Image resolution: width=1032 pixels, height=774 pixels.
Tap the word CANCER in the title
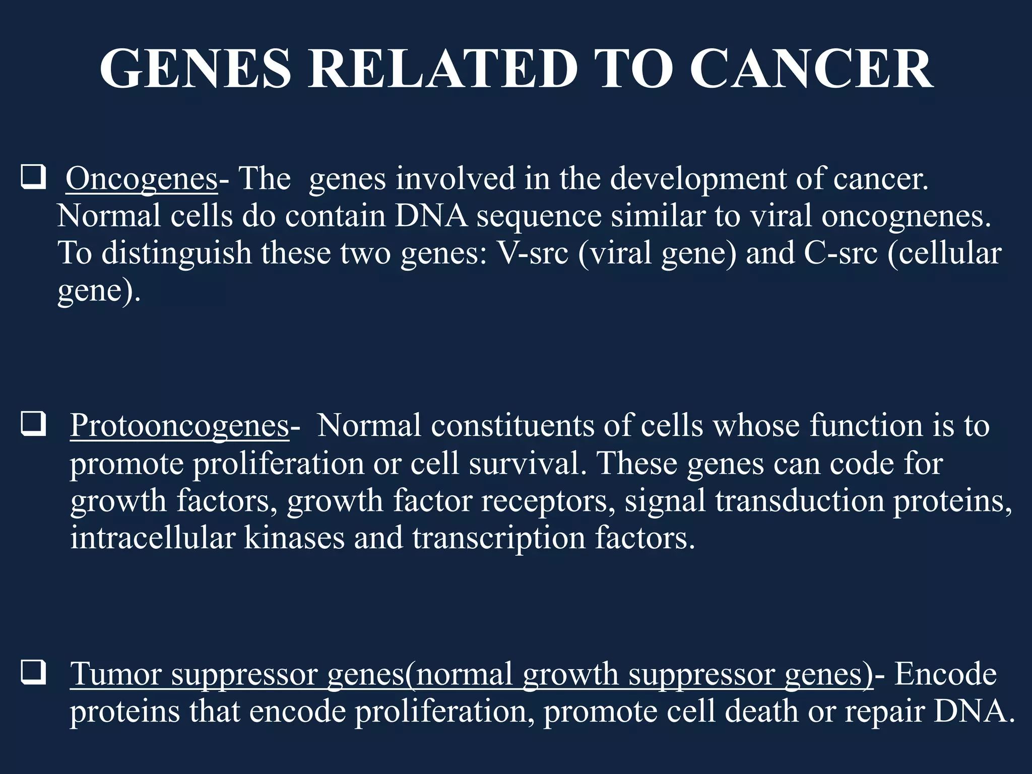click(811, 69)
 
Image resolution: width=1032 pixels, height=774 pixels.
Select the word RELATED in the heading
click(443, 69)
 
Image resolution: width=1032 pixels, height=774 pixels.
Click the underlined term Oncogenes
click(142, 179)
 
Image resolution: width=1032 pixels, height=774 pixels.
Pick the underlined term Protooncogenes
click(179, 426)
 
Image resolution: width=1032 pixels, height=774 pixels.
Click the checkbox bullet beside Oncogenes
click(34, 178)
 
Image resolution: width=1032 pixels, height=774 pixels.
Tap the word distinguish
click(176, 254)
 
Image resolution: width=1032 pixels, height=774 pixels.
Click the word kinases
click(294, 538)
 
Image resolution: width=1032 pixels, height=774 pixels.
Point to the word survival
click(527, 464)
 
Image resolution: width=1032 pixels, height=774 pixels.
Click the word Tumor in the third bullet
click(115, 674)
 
